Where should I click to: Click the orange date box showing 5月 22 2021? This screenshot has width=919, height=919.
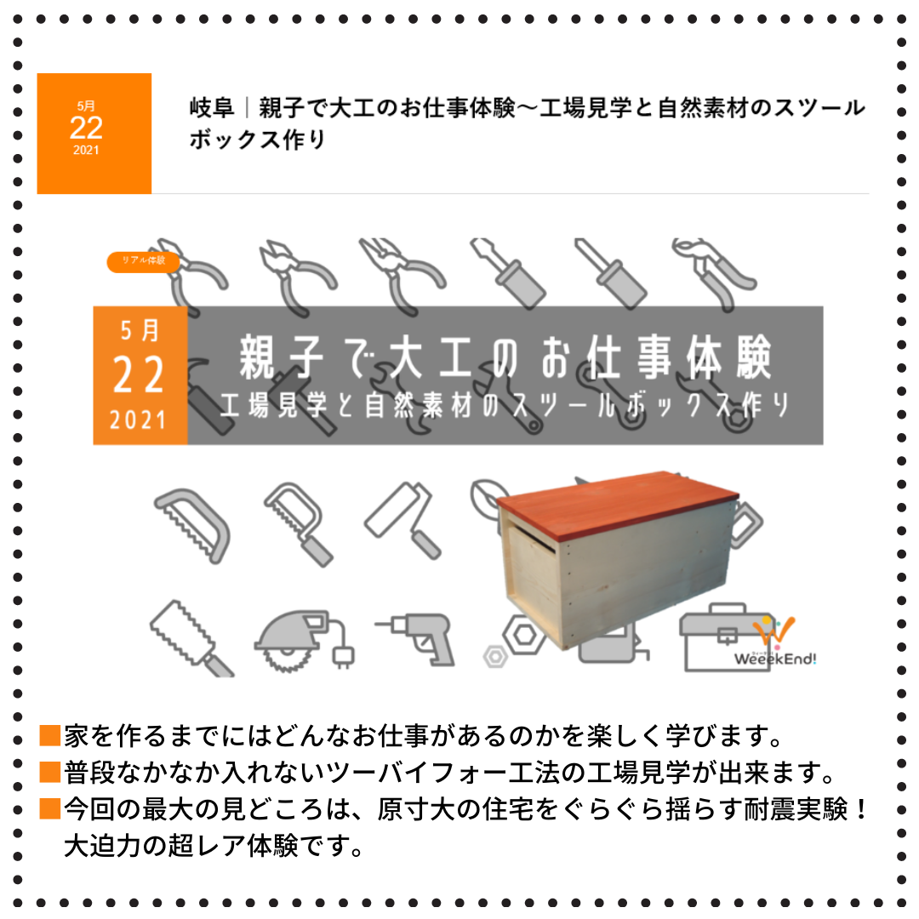click(94, 133)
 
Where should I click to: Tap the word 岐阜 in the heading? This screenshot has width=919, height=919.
click(212, 108)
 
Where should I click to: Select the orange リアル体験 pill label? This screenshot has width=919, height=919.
click(143, 261)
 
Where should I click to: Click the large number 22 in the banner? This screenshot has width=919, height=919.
click(139, 375)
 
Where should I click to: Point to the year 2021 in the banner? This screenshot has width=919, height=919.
click(139, 420)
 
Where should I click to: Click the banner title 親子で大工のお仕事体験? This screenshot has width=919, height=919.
click(505, 357)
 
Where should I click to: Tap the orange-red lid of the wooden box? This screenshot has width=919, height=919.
click(617, 503)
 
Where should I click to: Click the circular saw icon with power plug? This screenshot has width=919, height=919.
click(304, 642)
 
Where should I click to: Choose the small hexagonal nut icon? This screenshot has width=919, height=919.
click(495, 657)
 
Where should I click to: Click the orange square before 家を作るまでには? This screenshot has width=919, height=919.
click(50, 735)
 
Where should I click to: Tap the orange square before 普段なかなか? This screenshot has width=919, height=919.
click(50, 772)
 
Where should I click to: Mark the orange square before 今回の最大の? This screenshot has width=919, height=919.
click(50, 808)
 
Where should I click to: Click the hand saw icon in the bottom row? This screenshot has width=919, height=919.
click(192, 639)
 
